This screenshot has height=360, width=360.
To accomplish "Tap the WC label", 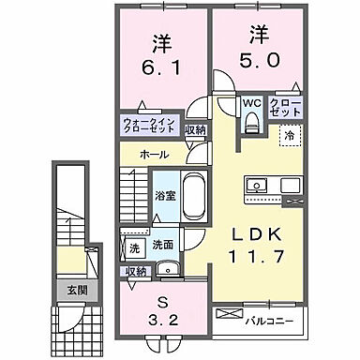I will point(251,104).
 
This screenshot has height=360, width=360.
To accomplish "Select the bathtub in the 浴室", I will point(195,197).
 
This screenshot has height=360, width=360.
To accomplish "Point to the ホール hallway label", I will point(154,153).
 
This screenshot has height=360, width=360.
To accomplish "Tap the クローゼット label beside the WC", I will point(279,108).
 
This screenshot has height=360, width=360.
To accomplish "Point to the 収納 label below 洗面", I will point(137,271).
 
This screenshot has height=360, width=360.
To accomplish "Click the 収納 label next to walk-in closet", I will point(195,130).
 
